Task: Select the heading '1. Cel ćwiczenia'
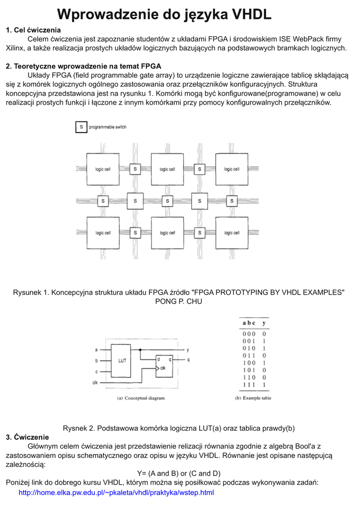click(x=33, y=31)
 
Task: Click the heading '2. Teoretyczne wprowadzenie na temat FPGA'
click(x=83, y=66)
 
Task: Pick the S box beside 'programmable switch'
click(x=80, y=127)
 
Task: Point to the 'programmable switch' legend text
click(x=108, y=127)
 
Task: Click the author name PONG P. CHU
click(x=179, y=301)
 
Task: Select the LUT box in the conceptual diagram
click(x=121, y=360)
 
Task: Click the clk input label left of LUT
click(x=95, y=382)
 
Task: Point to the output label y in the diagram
click(x=188, y=350)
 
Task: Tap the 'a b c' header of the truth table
click(x=248, y=323)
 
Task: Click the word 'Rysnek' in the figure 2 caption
click(x=74, y=428)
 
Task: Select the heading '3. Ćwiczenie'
click(x=27, y=437)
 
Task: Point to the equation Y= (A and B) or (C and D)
click(x=179, y=473)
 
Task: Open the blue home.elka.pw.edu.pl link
click(x=116, y=493)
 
